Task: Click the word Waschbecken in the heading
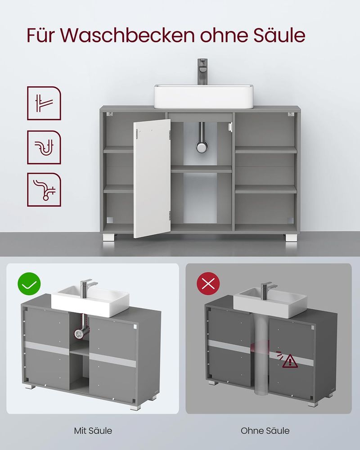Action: click(127, 35)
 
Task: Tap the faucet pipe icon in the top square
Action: click(44, 103)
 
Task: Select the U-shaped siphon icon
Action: click(44, 147)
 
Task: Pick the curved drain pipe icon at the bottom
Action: click(44, 189)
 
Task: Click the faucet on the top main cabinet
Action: click(202, 72)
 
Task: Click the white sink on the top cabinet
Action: click(203, 96)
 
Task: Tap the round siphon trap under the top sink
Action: click(202, 146)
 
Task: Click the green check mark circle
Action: click(29, 284)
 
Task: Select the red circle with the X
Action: click(208, 284)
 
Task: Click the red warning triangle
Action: click(290, 361)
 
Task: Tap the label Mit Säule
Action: click(93, 431)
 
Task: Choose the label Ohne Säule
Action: click(265, 431)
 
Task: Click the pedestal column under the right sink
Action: click(261, 355)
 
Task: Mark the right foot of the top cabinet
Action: click(291, 238)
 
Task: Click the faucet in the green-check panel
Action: click(87, 288)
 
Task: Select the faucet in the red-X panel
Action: click(268, 291)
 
